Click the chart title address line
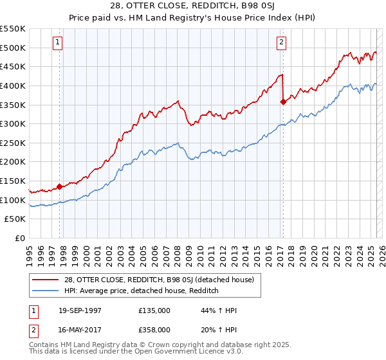click(192, 7)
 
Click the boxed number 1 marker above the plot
click(57, 43)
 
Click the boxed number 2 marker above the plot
click(281, 43)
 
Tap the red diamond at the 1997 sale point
click(60, 187)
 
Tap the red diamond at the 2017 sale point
click(283, 102)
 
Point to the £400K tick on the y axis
click(13, 85)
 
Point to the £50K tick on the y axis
click(15, 219)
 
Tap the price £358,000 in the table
click(154, 329)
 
